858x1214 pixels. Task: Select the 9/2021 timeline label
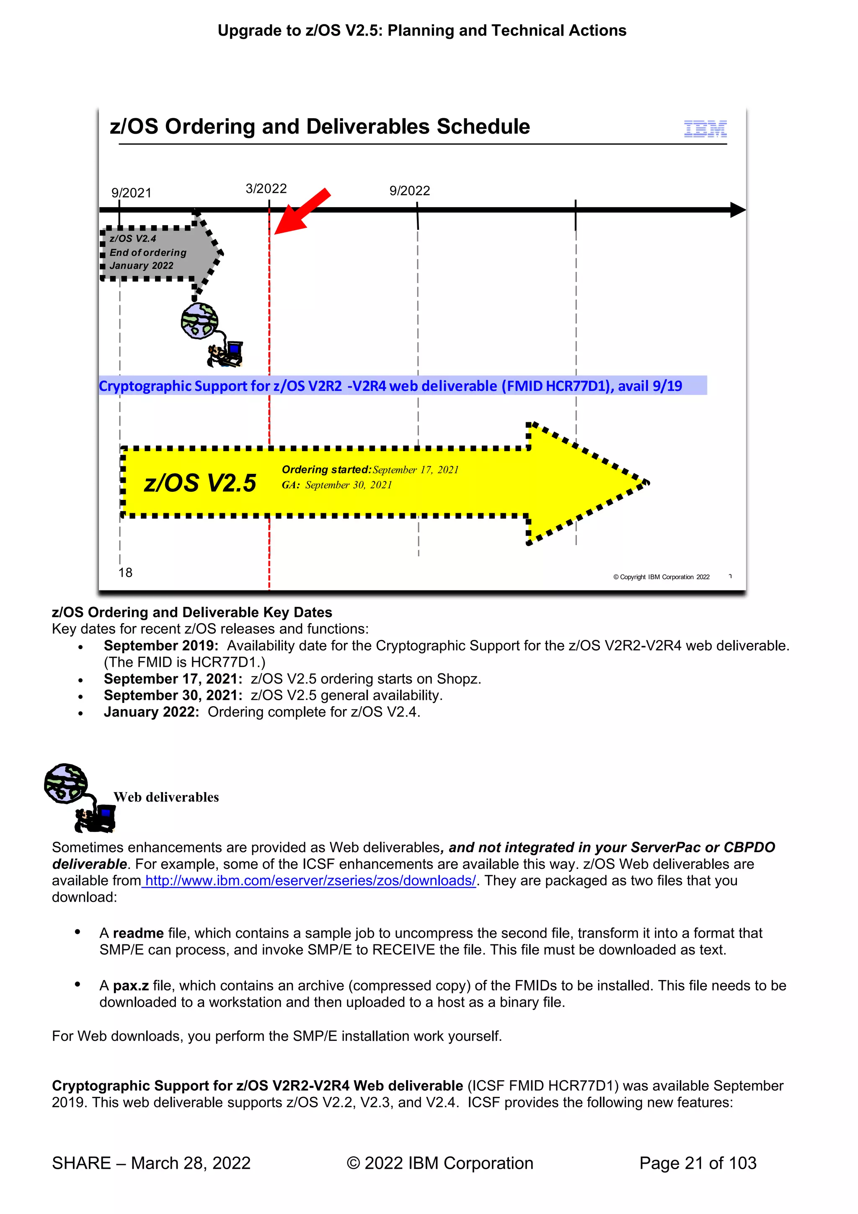point(131,193)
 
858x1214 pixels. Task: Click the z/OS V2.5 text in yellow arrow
point(200,483)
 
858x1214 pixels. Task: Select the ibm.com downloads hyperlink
point(310,881)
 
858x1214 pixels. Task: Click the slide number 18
point(125,573)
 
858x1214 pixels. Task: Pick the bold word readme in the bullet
point(138,933)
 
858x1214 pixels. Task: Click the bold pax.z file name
point(130,985)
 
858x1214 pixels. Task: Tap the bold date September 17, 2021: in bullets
point(173,679)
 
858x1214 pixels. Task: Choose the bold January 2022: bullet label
point(151,712)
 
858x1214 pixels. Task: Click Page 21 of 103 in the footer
point(698,1163)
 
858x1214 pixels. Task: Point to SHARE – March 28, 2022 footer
point(151,1163)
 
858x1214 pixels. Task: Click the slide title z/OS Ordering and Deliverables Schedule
point(320,127)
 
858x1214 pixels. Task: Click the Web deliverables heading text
point(166,797)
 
